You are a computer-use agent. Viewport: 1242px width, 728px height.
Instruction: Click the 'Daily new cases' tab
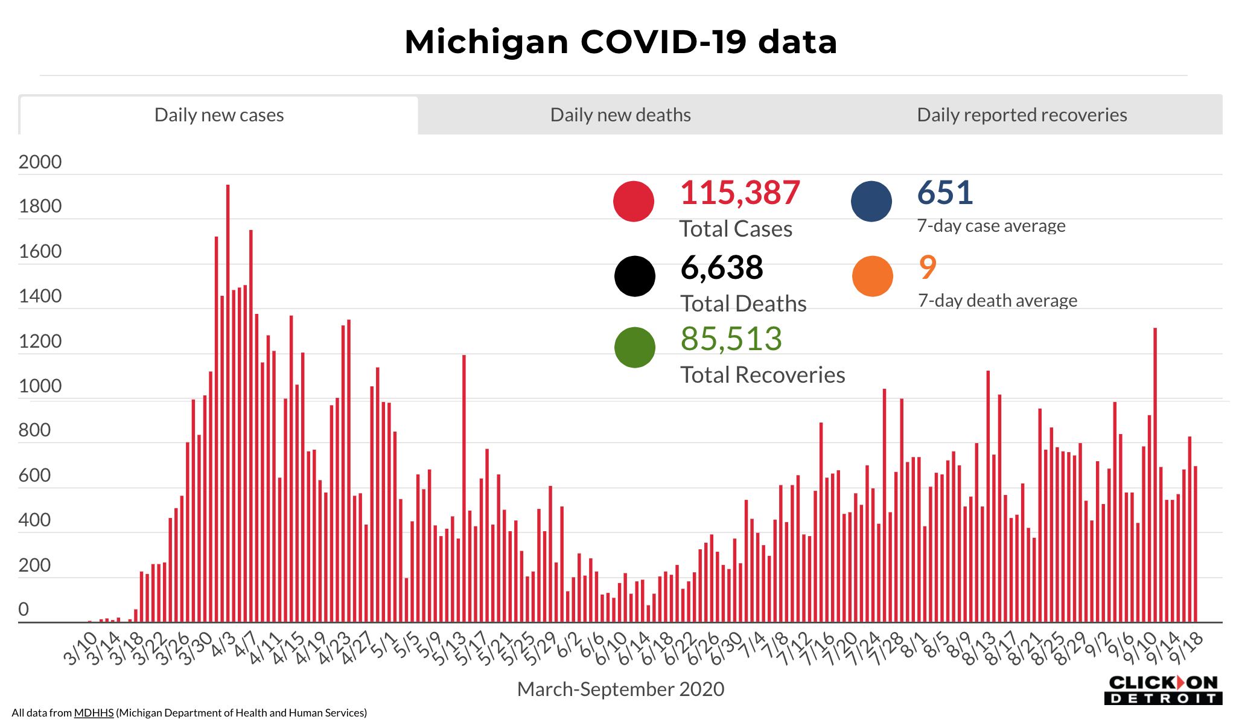pyautogui.click(x=219, y=115)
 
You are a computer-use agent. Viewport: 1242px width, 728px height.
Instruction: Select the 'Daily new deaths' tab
pyautogui.click(x=620, y=115)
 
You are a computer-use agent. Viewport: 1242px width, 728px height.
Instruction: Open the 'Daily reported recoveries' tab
pyautogui.click(x=1022, y=115)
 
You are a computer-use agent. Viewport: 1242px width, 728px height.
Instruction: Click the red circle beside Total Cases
pyautogui.click(x=634, y=201)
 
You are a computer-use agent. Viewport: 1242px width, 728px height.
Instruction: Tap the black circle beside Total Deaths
pyautogui.click(x=635, y=276)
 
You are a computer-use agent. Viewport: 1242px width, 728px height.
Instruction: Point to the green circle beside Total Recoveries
pyautogui.click(x=635, y=347)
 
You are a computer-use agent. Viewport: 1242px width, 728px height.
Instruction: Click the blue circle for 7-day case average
pyautogui.click(x=871, y=201)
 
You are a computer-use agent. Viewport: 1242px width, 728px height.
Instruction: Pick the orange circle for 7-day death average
pyautogui.click(x=873, y=276)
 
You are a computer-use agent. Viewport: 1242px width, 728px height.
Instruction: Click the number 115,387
pyautogui.click(x=740, y=193)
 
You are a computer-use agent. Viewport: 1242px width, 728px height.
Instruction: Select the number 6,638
pyautogui.click(x=722, y=268)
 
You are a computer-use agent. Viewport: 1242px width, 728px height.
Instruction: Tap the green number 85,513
pyautogui.click(x=731, y=339)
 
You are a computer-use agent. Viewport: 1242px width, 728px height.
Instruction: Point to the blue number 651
pyautogui.click(x=945, y=193)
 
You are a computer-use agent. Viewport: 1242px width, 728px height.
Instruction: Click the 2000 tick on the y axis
pyautogui.click(x=40, y=162)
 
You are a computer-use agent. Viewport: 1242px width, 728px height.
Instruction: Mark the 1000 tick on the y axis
pyautogui.click(x=40, y=386)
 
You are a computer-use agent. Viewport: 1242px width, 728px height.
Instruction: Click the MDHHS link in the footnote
pyautogui.click(x=94, y=713)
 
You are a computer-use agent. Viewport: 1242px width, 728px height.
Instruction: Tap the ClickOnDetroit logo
pyautogui.click(x=1163, y=690)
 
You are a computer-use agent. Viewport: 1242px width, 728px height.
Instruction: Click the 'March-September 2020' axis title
pyautogui.click(x=620, y=689)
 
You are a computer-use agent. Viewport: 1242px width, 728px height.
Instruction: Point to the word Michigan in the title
pyautogui.click(x=486, y=42)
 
